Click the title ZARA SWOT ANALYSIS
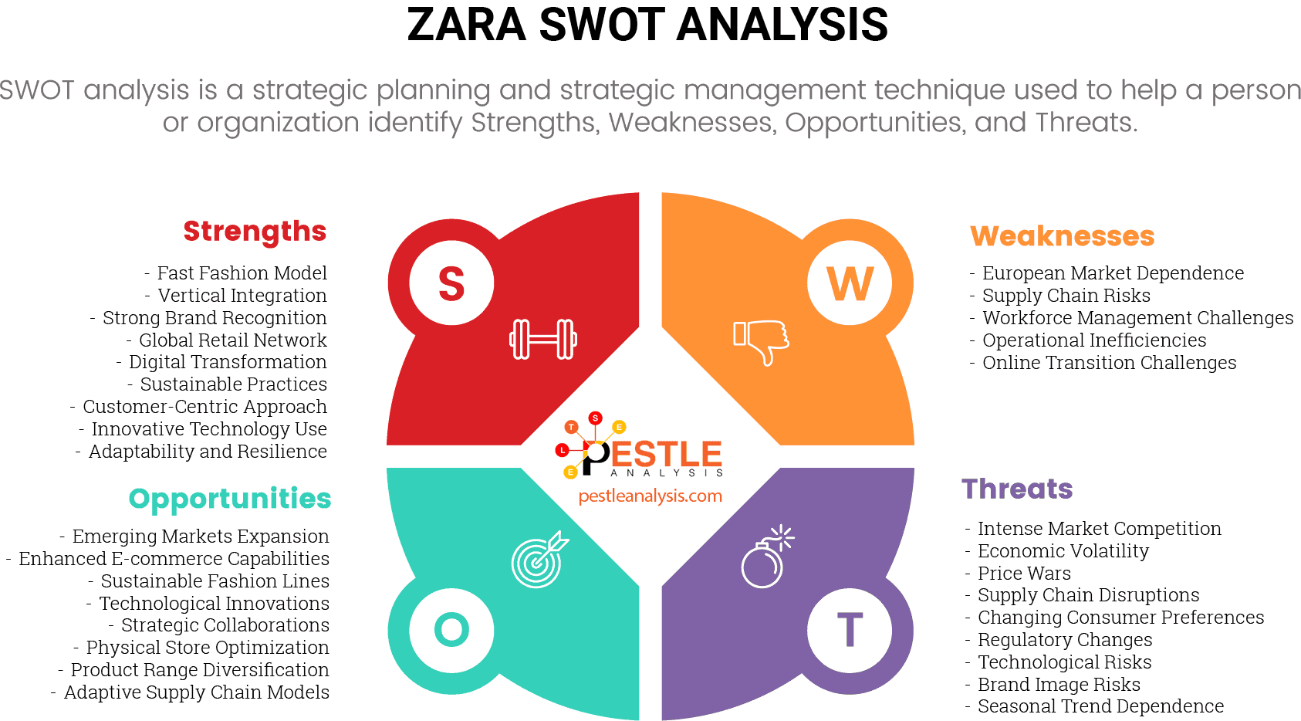[x=647, y=25]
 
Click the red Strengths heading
[x=255, y=231]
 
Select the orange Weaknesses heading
[x=1062, y=236]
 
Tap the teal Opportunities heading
[x=230, y=499]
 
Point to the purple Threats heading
[x=1017, y=489]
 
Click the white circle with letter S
[x=451, y=283]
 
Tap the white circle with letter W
[x=850, y=283]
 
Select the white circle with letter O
[x=451, y=629]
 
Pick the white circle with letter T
[x=850, y=629]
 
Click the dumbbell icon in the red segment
[x=543, y=339]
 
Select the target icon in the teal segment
[x=539, y=560]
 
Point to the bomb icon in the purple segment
[x=766, y=557]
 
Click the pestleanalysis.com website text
[x=650, y=496]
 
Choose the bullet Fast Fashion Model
[x=242, y=273]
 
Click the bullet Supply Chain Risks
[x=1066, y=296]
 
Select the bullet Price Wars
[x=1024, y=574]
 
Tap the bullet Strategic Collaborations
[x=225, y=625]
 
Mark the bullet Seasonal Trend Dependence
[x=1100, y=706]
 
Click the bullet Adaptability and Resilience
[x=208, y=452]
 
